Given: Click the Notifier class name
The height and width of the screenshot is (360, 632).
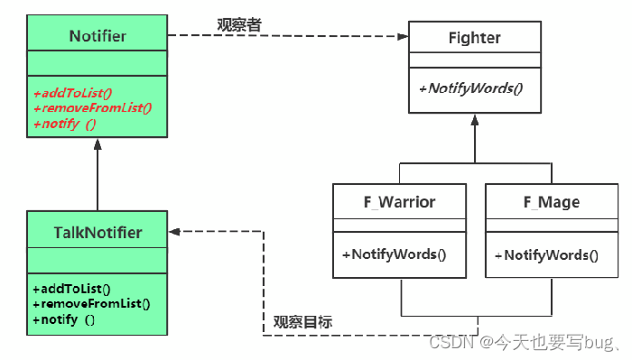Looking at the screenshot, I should tap(98, 36).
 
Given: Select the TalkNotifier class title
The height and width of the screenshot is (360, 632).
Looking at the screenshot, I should tap(98, 233).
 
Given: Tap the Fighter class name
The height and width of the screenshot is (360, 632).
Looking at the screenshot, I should tap(474, 38).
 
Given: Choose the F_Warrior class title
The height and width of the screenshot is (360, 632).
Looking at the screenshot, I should tap(399, 201).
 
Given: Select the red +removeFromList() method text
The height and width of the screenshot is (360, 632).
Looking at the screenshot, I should tap(92, 107).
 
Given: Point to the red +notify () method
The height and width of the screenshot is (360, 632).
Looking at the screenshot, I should tap(65, 123).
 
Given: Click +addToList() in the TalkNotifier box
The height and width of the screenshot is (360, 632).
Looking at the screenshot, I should tap(71, 290).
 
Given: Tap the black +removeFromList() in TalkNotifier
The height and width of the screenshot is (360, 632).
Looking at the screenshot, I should tap(92, 304).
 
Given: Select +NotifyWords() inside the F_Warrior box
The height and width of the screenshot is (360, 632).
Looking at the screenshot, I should tap(394, 254).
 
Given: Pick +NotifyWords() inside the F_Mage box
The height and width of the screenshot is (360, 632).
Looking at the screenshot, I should tap(545, 254).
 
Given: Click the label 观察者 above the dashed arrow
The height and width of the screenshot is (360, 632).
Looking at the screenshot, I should tap(239, 24).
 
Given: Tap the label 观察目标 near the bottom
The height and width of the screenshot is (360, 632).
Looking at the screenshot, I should tap(302, 322).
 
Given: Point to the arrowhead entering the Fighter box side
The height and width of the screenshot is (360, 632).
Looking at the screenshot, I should tap(403, 37).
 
